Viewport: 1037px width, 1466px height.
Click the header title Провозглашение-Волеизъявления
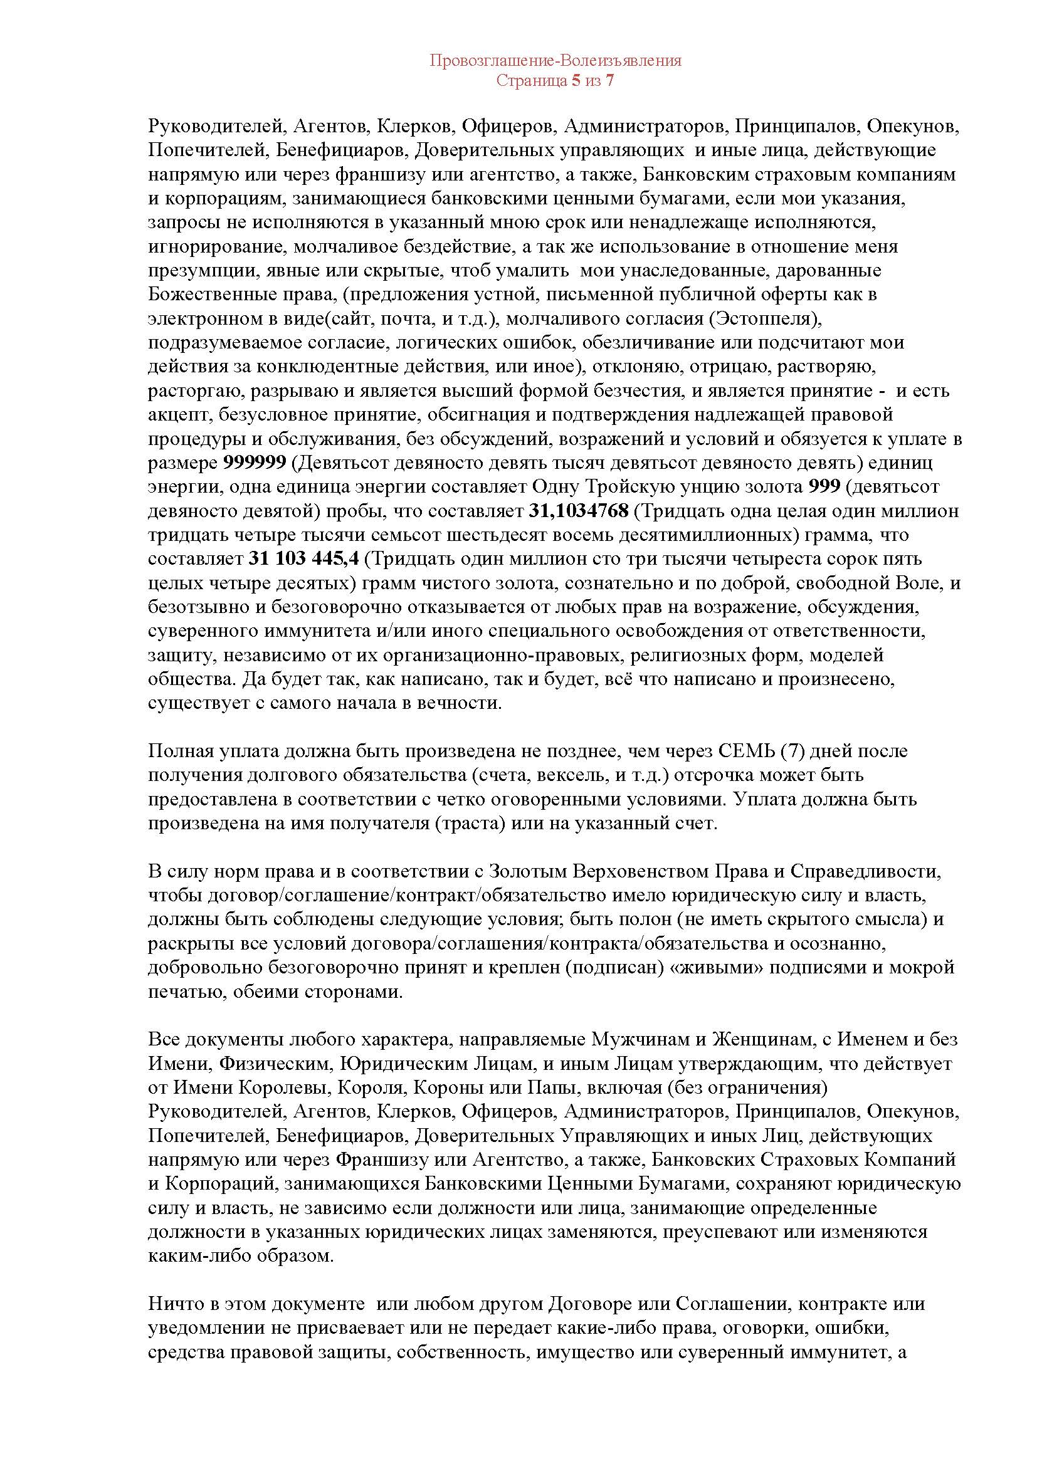[x=555, y=61]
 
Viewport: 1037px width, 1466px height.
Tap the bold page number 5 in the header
[x=576, y=81]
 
